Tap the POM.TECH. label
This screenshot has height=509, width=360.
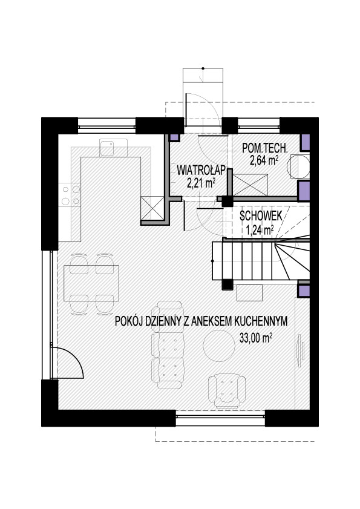(x=265, y=149)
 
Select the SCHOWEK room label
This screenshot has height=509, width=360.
(x=261, y=216)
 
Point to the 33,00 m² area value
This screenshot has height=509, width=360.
(x=255, y=338)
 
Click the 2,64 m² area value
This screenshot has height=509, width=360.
(x=264, y=160)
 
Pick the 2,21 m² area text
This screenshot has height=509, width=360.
(x=201, y=183)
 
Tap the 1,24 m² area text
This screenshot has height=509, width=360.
(x=260, y=230)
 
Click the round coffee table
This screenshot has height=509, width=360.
(x=219, y=346)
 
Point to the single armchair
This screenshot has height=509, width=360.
(x=226, y=390)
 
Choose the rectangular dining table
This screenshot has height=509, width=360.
(x=91, y=283)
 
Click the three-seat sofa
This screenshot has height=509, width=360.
(x=168, y=345)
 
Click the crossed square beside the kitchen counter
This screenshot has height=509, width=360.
(x=152, y=208)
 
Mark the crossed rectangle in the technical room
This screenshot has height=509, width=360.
(x=250, y=185)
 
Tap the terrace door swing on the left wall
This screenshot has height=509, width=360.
(x=68, y=363)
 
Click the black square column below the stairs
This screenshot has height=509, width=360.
(x=227, y=284)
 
